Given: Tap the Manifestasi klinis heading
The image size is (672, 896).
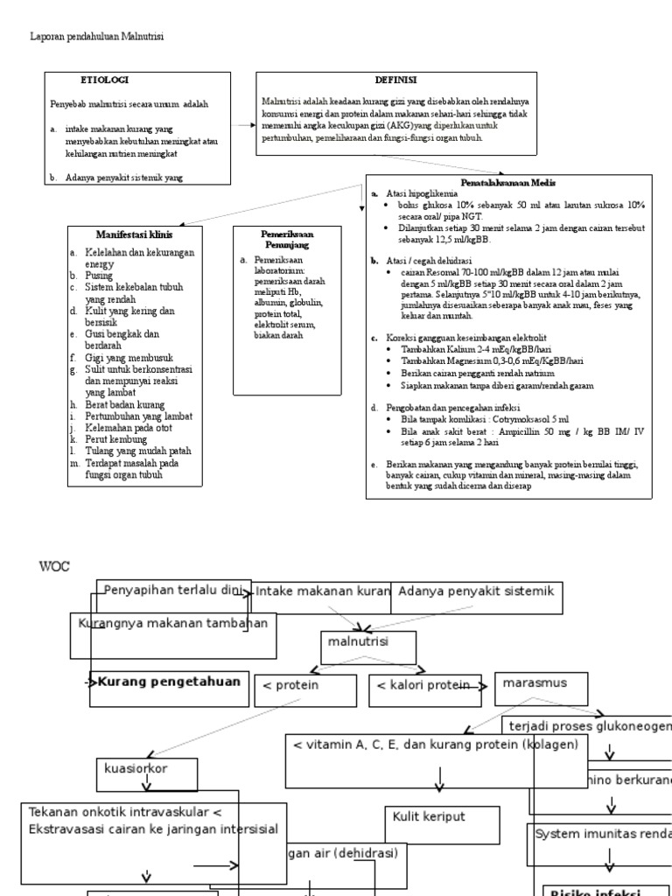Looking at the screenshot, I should (134, 235).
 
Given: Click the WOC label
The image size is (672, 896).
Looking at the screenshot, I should (53, 566).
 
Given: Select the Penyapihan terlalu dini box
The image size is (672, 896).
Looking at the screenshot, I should (172, 591).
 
